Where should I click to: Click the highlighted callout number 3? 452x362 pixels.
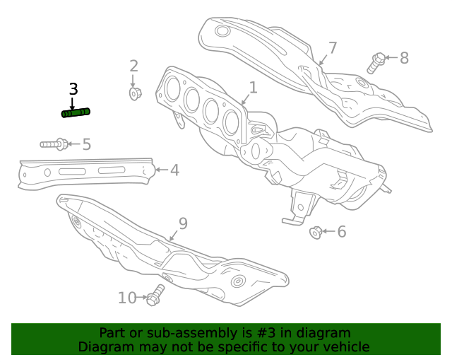point(73,89)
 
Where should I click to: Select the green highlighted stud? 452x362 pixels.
point(76,112)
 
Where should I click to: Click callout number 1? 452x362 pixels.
point(253,88)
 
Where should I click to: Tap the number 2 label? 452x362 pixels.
point(133,66)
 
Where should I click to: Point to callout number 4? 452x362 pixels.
point(174,170)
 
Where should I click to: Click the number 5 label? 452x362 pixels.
point(86,144)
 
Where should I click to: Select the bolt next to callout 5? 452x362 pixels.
point(54,144)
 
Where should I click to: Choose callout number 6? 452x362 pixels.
point(341,231)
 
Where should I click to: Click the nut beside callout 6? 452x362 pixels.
point(316,231)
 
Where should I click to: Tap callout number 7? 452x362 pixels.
point(332,48)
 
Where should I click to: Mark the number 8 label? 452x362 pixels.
point(404,58)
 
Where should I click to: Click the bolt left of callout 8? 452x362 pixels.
point(376,62)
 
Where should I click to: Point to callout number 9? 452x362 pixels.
point(183,223)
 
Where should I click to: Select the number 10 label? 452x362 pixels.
point(127,298)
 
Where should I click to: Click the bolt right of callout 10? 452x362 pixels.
point(155,295)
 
